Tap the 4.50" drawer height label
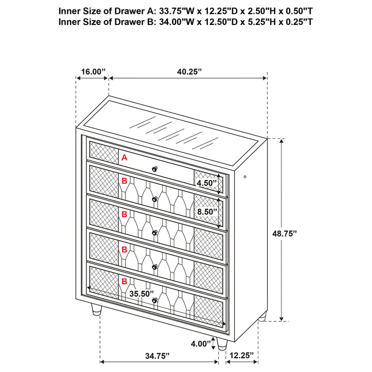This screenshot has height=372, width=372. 207,183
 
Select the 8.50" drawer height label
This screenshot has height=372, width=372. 207,211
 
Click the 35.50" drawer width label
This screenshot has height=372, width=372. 141,293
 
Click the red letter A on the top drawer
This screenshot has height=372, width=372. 124,157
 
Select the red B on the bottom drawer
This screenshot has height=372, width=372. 124,281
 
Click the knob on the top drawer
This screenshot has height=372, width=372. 156,169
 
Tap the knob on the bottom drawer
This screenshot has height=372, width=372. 155,301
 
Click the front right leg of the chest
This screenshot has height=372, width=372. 222,343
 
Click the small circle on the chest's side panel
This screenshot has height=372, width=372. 245,176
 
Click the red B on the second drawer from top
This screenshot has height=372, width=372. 124,181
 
